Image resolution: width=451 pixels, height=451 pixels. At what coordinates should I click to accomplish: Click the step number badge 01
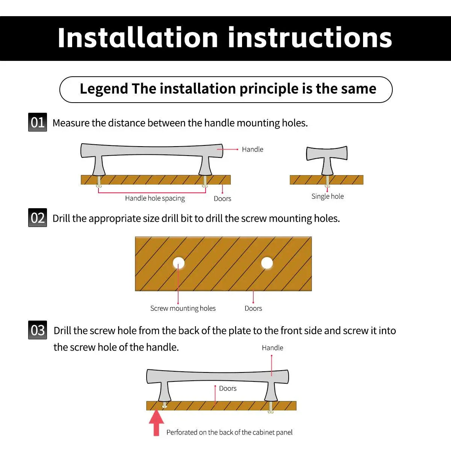pos(38,122)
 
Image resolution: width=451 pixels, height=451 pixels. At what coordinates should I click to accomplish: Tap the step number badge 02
pos(38,218)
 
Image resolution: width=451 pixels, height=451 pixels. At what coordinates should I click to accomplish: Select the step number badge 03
pos(38,330)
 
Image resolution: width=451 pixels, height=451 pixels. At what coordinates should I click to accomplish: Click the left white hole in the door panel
pos(179,263)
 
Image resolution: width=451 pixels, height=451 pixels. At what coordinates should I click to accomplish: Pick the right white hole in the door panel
pos(267,263)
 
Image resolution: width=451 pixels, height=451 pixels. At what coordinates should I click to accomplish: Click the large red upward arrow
pos(156,423)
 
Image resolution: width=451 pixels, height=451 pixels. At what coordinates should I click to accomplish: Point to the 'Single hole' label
pos(327,196)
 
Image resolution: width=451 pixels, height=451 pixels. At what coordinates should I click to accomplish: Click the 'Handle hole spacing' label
pos(155,198)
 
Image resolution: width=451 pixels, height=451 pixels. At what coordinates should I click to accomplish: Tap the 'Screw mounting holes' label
pos(183,308)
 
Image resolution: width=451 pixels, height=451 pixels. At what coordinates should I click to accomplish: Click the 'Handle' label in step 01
pos(253,149)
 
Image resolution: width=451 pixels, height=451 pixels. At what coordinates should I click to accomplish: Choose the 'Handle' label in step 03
pos(272,348)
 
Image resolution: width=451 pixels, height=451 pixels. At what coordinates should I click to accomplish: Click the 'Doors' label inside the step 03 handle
pos(228,389)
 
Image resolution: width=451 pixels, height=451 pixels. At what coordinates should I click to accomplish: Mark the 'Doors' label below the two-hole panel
pos(253,308)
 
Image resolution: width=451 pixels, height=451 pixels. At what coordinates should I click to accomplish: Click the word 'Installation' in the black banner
pos(138,38)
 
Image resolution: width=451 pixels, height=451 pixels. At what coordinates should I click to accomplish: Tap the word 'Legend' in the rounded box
pos(104,89)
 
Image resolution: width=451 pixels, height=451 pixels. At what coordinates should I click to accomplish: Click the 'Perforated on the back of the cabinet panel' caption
pos(229,432)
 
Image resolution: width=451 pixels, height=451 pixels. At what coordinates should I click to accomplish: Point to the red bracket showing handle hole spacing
pos(152,193)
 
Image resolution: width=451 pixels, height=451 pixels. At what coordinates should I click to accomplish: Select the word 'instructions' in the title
pos(310,38)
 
